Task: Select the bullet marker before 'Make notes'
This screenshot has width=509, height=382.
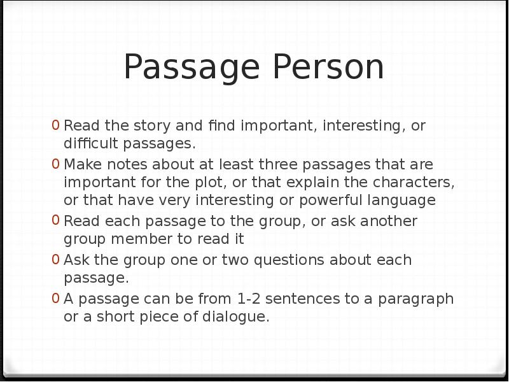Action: (x=56, y=165)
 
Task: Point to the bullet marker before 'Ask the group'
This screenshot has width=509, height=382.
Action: (x=56, y=260)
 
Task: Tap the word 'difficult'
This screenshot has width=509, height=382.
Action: (x=92, y=144)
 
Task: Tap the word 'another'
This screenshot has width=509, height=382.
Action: (x=389, y=222)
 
